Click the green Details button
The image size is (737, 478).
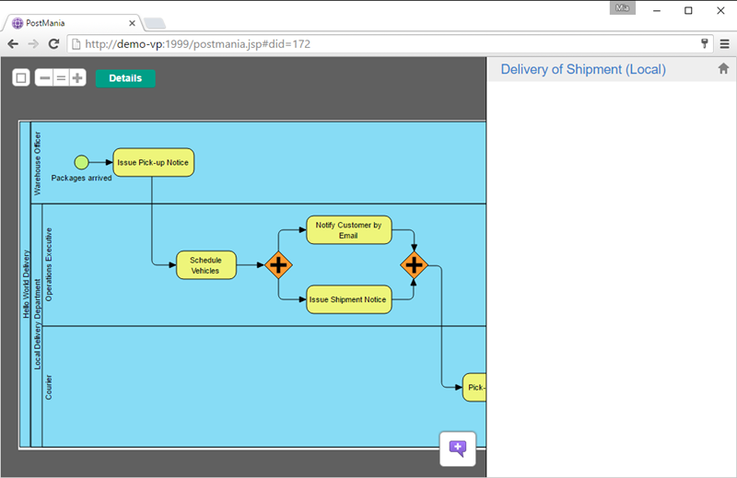coord(125,78)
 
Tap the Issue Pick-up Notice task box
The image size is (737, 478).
coord(153,163)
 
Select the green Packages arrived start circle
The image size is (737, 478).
coord(81,162)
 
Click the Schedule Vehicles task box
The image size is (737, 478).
coord(205,265)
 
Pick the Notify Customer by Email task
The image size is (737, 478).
coord(349,230)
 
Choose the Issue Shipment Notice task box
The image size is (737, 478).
coord(349,299)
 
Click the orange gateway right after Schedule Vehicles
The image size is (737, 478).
coord(279,265)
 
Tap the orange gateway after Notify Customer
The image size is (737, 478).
coord(414,265)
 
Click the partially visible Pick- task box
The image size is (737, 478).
coord(474,388)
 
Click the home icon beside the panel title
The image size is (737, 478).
coord(723,69)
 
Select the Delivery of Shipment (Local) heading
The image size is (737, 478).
coord(583,70)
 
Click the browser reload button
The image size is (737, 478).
coord(53,44)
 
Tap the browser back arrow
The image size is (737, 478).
coord(13,44)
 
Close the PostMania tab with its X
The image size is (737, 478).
coord(132,23)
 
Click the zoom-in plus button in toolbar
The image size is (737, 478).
coord(77,78)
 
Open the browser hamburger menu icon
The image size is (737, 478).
coord(724,44)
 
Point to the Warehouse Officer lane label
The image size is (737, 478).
coord(38,163)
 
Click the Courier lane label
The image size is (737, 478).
coord(49,388)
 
